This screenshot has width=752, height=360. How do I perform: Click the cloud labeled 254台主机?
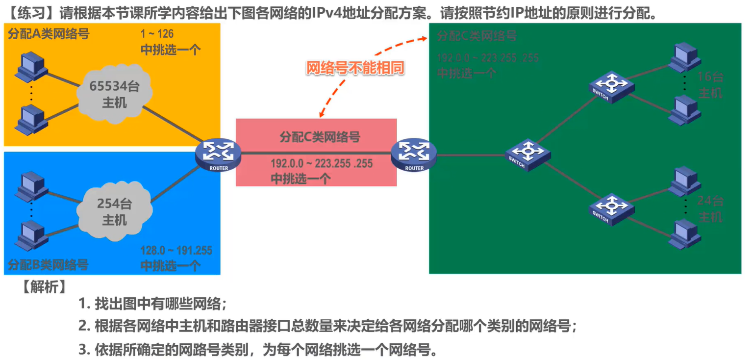point(114,212)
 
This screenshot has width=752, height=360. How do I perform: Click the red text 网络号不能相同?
point(355,68)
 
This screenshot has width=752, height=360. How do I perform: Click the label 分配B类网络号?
point(48,265)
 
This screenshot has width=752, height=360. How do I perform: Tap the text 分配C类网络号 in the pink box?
point(320,137)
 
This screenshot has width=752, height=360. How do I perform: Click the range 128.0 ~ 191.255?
point(176,251)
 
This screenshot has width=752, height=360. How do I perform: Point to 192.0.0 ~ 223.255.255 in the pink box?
point(322,163)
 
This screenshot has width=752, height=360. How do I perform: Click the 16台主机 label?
point(710,85)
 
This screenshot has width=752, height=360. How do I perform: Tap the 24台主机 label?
point(710,208)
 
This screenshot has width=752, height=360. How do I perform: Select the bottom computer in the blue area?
point(31,235)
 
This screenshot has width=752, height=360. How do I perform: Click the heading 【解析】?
point(44,286)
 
